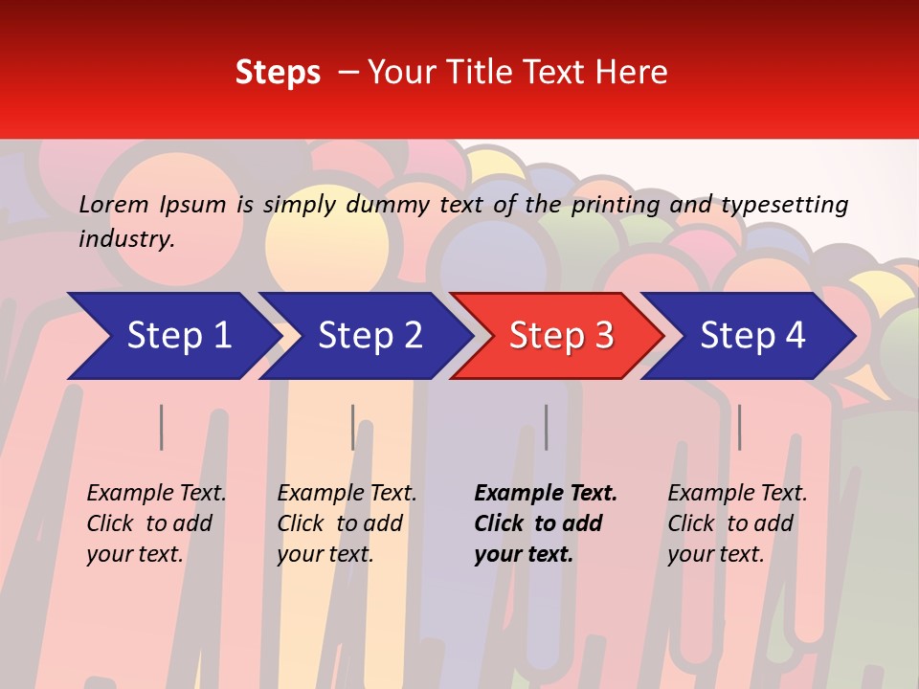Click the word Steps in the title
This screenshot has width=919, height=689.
tap(278, 72)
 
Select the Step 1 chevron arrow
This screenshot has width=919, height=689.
tap(172, 336)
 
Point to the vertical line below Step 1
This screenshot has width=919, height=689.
tap(162, 427)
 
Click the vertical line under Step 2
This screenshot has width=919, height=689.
tap(353, 427)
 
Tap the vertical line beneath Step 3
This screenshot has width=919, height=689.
tap(547, 427)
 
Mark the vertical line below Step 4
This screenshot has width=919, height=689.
tap(740, 427)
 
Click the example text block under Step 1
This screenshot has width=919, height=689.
tap(156, 523)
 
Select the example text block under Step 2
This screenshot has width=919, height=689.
tap(347, 523)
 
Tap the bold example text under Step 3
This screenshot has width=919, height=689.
tap(545, 523)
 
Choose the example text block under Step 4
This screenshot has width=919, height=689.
tap(737, 523)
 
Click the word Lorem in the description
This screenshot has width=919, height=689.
tap(114, 205)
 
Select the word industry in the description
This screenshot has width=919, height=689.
tap(126, 239)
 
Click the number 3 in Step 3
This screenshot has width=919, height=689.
tap(603, 336)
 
